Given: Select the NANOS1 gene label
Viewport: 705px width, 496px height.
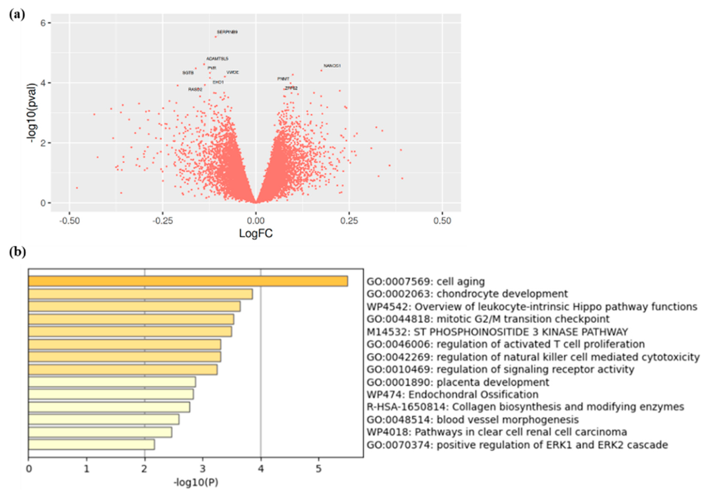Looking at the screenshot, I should click(332, 66).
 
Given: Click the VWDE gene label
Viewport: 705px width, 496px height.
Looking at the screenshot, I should click(232, 72).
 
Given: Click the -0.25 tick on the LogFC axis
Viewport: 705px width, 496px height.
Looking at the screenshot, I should click(163, 221).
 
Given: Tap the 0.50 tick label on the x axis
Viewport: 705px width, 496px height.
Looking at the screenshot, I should click(442, 221).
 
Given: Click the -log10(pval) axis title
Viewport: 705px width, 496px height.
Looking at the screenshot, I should click(32, 113).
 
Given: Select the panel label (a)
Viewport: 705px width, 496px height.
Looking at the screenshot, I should click(17, 14).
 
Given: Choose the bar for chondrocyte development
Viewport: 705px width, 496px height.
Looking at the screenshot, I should click(140, 294).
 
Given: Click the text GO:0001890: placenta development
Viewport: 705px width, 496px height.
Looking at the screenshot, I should click(458, 382).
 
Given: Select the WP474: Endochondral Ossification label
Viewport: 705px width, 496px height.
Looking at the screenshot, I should click(452, 394).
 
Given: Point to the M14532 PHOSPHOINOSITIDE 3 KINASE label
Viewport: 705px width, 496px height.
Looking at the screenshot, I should click(497, 332).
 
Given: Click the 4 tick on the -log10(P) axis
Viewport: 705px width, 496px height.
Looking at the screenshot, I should click(261, 469).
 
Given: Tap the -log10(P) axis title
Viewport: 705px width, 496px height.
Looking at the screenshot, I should click(196, 482).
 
